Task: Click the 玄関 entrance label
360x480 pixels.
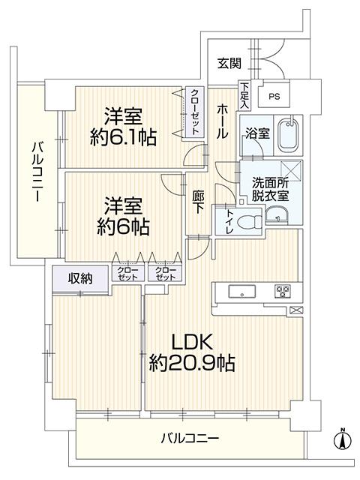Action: point(229,63)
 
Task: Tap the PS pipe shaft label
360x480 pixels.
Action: point(274,97)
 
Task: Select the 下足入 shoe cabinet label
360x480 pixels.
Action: point(244,95)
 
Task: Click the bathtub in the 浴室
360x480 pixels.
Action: point(288,134)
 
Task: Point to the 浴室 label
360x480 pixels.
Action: point(258,133)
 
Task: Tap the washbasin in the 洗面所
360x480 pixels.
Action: point(277,215)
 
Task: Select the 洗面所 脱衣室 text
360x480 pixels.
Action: point(270,189)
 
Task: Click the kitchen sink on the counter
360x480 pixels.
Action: point(241,292)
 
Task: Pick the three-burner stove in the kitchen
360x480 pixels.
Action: point(282,291)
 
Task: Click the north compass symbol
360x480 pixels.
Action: point(343,439)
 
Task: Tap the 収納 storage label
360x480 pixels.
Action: point(80,278)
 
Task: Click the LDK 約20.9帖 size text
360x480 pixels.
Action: point(192,352)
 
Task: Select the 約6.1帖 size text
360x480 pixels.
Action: point(123,137)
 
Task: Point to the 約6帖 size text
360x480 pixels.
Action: point(123,226)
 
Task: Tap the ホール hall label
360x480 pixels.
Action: point(222,121)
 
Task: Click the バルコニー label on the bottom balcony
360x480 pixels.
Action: point(190,439)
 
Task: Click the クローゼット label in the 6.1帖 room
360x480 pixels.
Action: point(194,112)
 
